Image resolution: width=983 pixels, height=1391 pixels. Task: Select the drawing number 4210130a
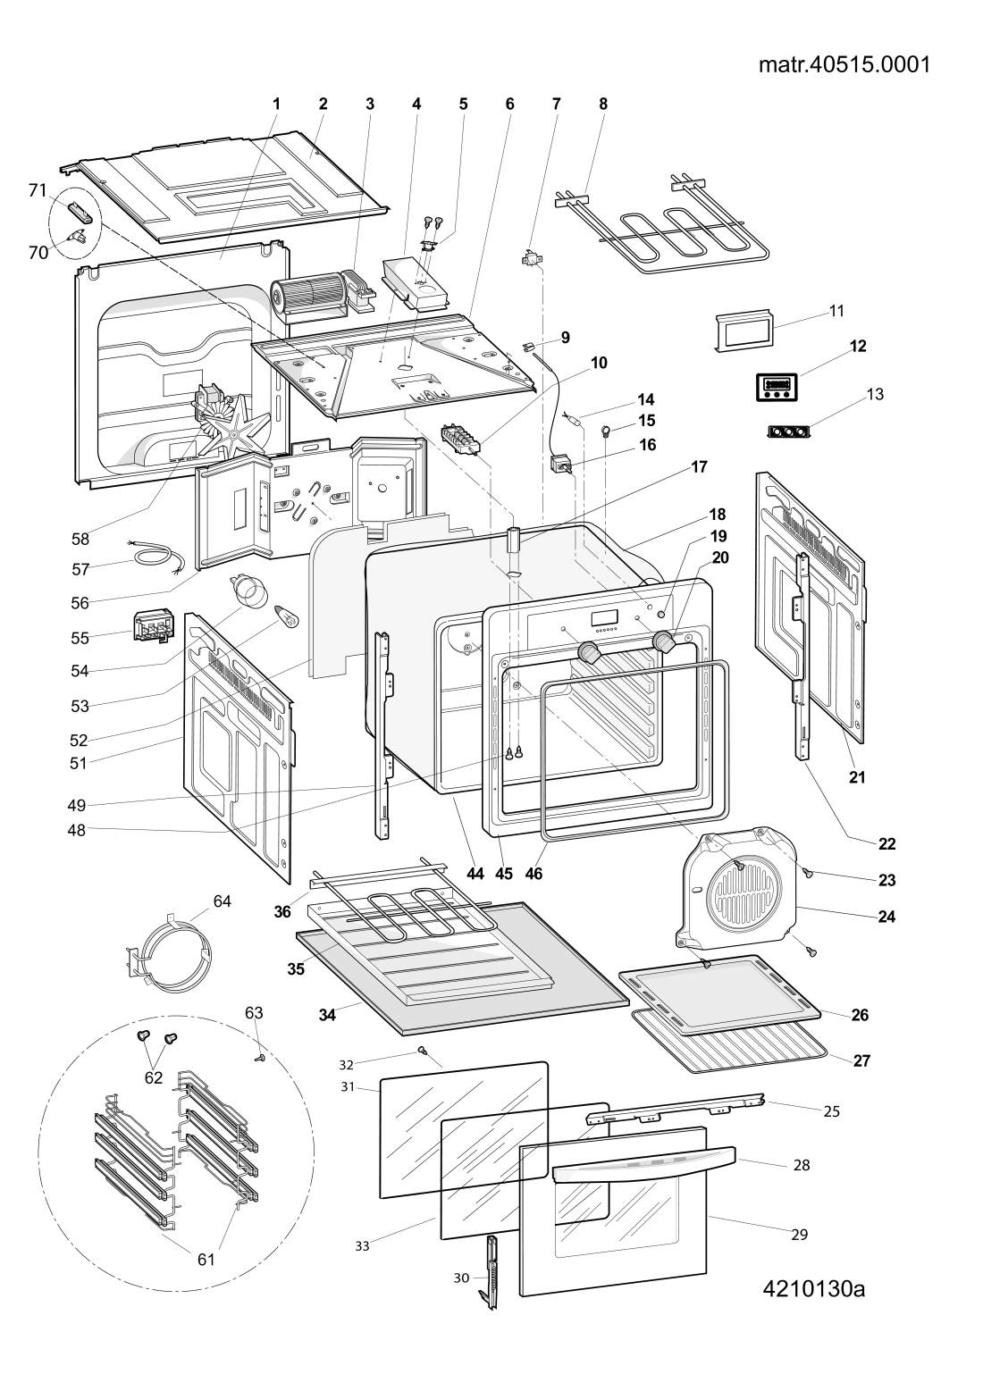814,1289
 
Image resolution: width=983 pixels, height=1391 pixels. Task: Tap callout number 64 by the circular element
222,901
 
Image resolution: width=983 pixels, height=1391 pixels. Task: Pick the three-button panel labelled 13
789,432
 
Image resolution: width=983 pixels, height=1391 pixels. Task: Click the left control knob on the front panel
588,652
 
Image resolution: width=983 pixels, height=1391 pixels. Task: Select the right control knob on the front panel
664,641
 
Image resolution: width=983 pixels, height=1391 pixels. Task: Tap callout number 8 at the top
603,104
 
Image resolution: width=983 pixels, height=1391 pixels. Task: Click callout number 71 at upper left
37,189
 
